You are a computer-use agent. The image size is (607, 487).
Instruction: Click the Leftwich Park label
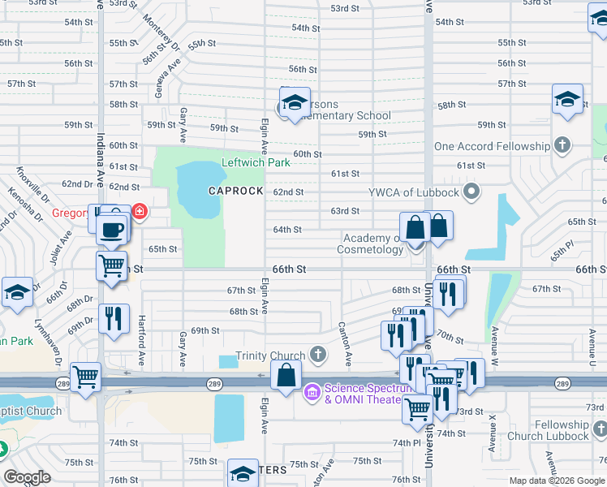coord(256,162)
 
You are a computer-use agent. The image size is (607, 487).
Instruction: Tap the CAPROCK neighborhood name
coord(235,191)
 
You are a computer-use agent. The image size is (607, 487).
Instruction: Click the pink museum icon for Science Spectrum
coord(312,394)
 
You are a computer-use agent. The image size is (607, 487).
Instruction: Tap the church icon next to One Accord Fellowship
coord(562,146)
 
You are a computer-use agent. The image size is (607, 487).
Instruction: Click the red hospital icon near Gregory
coord(140,213)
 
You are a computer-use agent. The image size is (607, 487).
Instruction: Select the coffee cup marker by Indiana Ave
coord(111,228)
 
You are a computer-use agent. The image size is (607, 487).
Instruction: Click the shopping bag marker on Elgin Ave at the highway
coord(286,376)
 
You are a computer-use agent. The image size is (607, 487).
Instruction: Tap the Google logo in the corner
coord(27,477)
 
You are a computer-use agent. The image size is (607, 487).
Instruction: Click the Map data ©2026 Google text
coord(557,481)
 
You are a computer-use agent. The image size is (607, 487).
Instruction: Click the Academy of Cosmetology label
coord(373,243)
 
